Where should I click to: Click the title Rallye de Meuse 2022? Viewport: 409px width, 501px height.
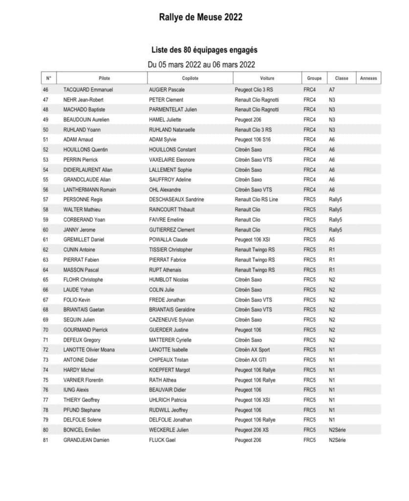tap(200, 18)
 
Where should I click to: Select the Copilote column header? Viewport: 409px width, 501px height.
tap(190, 78)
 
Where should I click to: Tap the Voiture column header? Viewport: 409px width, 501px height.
tap(267, 78)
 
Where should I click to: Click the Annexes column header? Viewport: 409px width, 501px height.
tap(368, 78)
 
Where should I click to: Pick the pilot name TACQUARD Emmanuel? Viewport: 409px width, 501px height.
tap(88, 90)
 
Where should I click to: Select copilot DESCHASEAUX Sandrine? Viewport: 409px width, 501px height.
tap(176, 200)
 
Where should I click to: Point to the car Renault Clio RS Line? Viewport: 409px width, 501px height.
tap(256, 200)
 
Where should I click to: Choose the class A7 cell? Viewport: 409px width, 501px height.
tap(332, 90)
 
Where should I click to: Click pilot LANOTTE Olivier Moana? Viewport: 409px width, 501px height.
tap(89, 350)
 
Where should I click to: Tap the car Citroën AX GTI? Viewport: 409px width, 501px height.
tap(251, 360)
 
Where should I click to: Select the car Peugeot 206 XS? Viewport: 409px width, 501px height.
tap(253, 430)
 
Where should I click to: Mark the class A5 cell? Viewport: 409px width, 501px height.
tap(332, 240)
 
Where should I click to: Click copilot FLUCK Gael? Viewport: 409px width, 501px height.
tap(162, 440)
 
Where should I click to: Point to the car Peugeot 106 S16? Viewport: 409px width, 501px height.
tap(253, 140)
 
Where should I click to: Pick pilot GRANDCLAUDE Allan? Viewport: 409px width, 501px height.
tap(87, 180)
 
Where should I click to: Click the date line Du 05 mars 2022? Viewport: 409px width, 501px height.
tap(201, 64)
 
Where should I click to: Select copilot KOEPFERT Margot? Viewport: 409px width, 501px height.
tap(170, 370)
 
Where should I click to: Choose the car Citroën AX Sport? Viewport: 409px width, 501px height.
tap(252, 350)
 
